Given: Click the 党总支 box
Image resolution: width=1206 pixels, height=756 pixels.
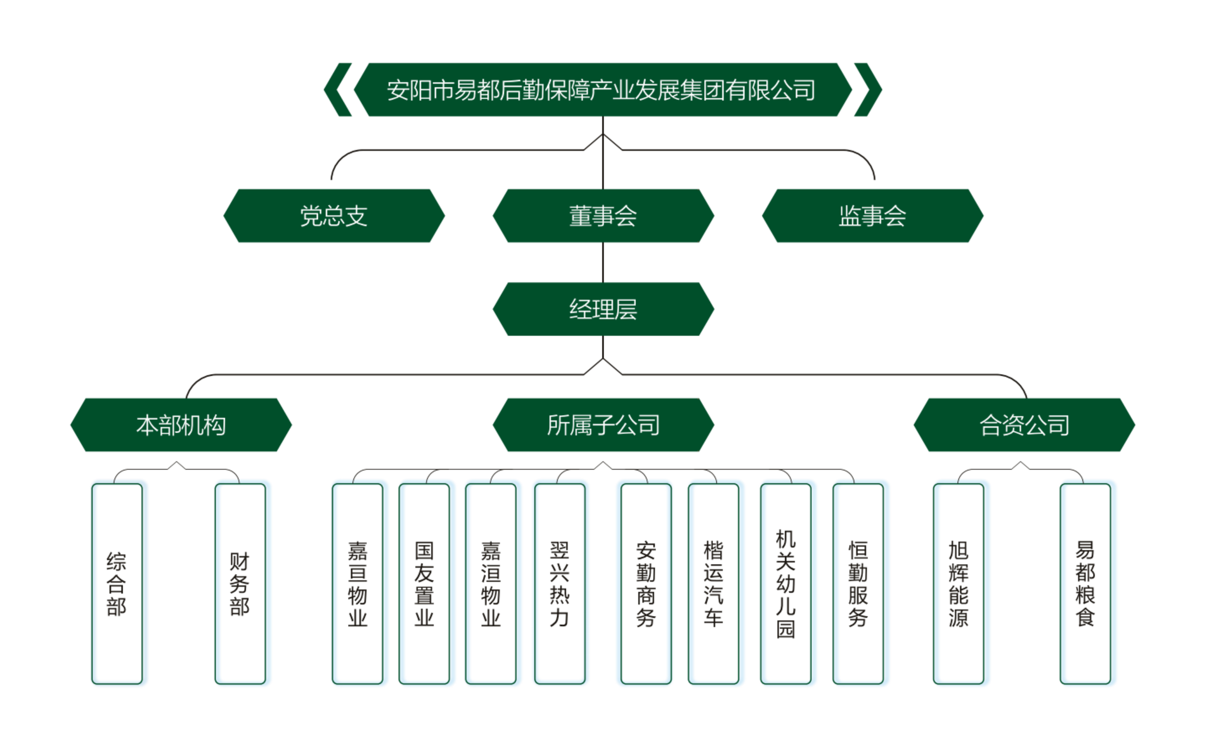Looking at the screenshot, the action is (334, 216).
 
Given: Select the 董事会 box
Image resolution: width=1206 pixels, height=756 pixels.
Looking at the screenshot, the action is (603, 216).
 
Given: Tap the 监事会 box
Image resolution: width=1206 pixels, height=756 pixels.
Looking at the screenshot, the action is (872, 216).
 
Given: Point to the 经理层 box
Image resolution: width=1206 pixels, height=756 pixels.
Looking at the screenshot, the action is (603, 309).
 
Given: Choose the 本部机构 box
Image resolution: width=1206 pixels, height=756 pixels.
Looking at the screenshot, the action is (181, 425).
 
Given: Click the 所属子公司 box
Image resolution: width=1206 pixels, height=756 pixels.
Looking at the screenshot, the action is (603, 425).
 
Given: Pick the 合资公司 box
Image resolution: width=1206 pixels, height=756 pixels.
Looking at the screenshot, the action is (1024, 425).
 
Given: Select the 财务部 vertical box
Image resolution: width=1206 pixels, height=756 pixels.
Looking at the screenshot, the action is (240, 584).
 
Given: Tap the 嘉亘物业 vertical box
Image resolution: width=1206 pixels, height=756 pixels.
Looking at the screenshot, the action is (358, 584).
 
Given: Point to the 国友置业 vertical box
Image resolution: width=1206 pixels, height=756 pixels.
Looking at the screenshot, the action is (424, 584).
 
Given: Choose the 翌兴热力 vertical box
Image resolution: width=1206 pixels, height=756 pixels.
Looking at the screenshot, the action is (560, 584).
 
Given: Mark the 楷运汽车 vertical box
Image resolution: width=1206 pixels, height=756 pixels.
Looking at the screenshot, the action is (713, 584).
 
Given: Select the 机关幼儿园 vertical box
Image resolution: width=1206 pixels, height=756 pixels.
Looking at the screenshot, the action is (786, 584).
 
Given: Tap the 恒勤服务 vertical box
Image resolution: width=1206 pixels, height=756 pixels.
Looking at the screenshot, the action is (858, 584).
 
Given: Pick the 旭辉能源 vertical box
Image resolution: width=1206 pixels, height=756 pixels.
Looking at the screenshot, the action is (959, 584).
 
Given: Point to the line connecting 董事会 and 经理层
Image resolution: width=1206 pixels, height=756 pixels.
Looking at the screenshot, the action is (603, 262).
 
